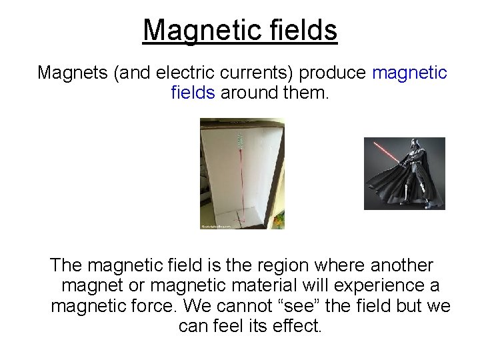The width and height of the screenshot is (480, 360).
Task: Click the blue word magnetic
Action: coord(409,73)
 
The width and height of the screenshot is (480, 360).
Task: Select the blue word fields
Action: coord(193,93)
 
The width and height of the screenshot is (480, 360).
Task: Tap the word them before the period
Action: coord(305,93)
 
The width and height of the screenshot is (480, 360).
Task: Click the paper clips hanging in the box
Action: coord(240,139)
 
